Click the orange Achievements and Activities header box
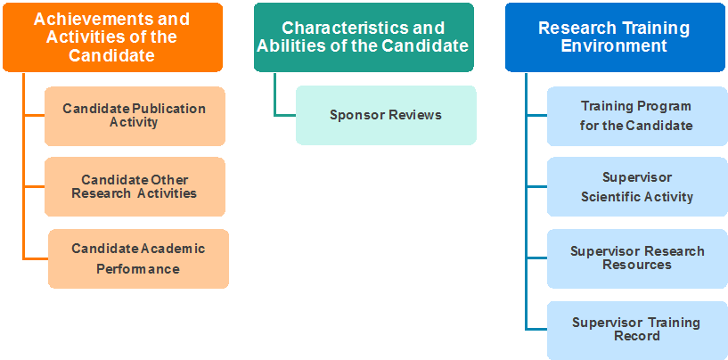point(111,37)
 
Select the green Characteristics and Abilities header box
point(363,37)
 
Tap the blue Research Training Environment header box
point(614,37)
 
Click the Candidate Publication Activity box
point(134,116)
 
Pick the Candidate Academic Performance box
point(138,258)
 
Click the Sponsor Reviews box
point(386,115)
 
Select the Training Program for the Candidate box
point(635,116)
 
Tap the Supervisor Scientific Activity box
point(636,187)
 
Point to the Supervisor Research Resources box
point(636,258)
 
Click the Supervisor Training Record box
point(636,330)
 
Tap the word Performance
point(139,269)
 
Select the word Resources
point(636,265)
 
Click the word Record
point(636,336)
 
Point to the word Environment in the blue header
point(614,45)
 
